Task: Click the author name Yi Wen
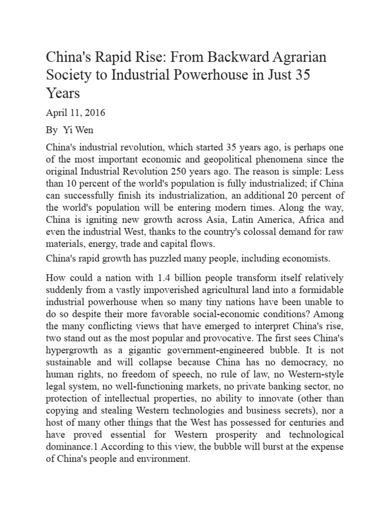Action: pos(75,130)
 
